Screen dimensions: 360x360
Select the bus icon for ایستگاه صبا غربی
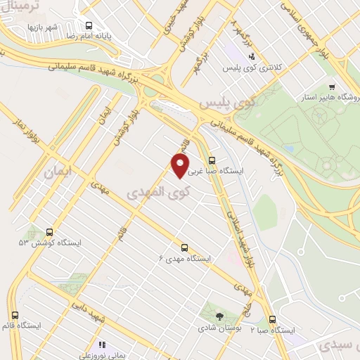pos(212,160)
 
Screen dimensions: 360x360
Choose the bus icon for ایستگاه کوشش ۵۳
pos(49,231)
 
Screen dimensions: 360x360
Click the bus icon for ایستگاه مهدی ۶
pos(185,247)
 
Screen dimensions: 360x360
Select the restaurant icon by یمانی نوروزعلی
pos(103,345)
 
